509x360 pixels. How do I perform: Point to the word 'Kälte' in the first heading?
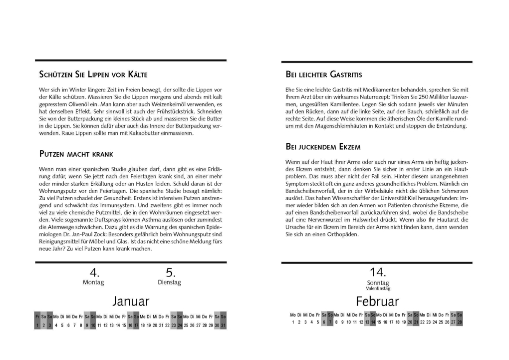click(137, 75)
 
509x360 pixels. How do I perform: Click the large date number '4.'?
click(94, 272)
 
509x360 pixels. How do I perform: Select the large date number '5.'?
click(170, 272)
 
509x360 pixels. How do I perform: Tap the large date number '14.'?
click(378, 272)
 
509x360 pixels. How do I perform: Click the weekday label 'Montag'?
click(93, 283)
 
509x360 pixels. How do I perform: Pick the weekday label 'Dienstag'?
click(169, 283)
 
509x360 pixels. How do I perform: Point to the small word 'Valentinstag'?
click(378, 289)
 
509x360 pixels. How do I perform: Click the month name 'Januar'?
click(131, 301)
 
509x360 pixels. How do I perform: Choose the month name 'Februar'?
click(377, 301)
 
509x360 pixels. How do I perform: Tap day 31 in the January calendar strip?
click(223, 325)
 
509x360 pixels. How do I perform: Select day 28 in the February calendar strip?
click(460, 322)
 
